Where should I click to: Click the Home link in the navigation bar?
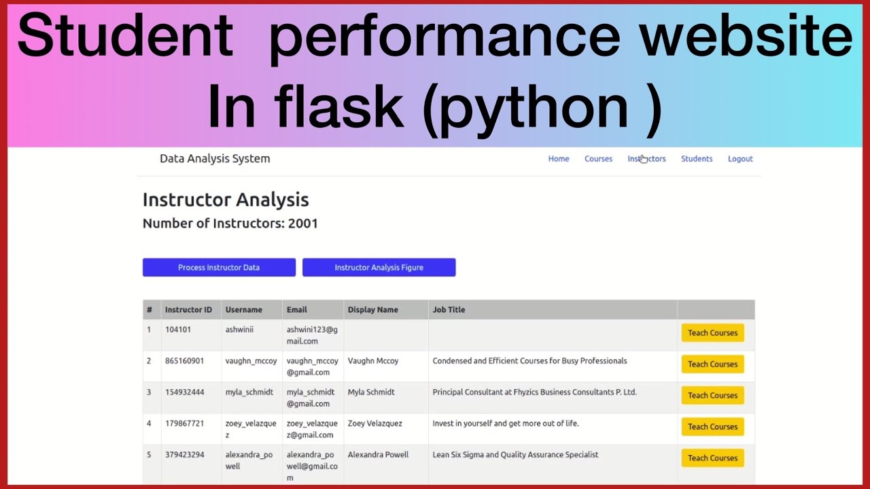[x=559, y=159]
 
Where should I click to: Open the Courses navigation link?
[x=598, y=159]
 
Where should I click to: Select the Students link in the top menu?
[x=697, y=159]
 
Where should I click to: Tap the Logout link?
[x=740, y=159]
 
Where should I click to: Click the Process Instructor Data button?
[x=219, y=268]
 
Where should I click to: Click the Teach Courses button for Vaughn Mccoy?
[x=713, y=364]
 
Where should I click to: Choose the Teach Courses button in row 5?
[x=713, y=458]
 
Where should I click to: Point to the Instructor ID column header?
[x=188, y=310]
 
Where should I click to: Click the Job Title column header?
[x=449, y=310]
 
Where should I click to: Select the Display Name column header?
[x=373, y=310]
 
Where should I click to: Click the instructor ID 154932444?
[x=184, y=392]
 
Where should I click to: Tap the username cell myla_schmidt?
[x=249, y=392]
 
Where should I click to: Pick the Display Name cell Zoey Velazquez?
[x=375, y=423]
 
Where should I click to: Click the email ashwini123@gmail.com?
[x=312, y=336]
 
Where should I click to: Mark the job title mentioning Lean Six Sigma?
[x=515, y=454]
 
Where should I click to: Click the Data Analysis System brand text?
[x=215, y=159]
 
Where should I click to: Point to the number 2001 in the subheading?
[x=303, y=223]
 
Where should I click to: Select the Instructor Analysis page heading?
[x=226, y=200]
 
